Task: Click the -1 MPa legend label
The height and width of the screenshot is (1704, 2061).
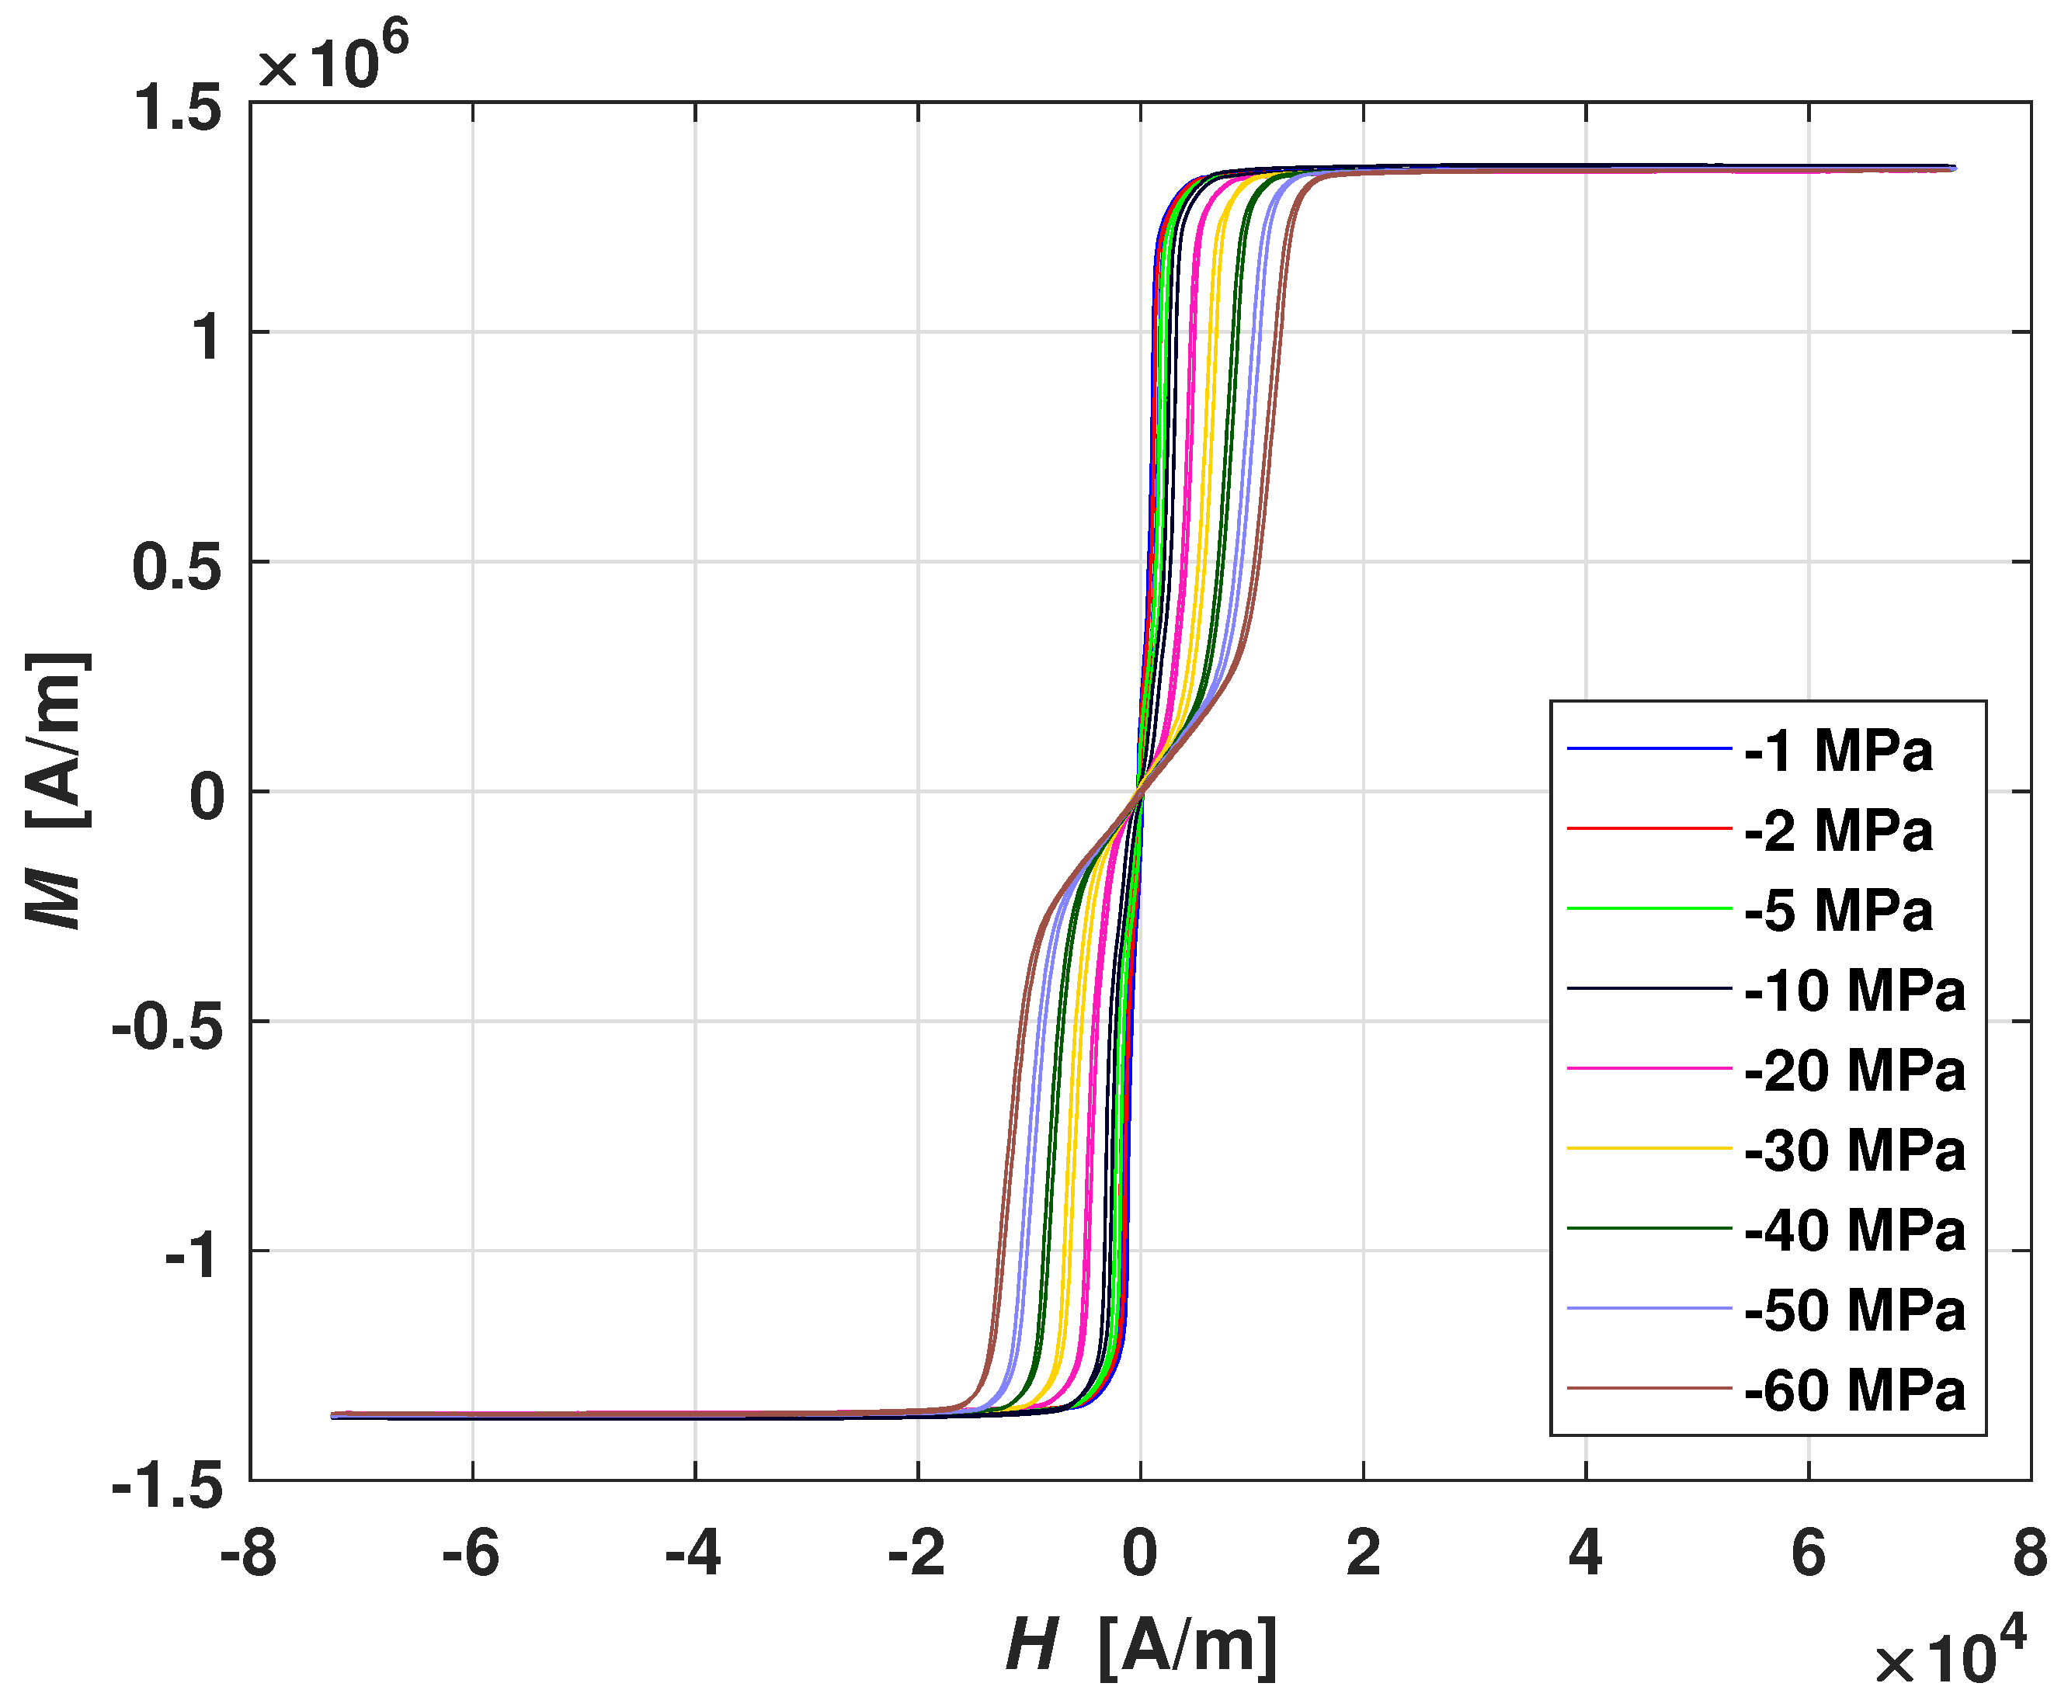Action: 1838,752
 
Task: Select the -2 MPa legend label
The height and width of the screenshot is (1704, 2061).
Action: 1838,832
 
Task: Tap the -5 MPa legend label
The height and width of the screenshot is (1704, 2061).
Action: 1838,911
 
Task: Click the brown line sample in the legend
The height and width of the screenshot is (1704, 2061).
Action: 1649,1388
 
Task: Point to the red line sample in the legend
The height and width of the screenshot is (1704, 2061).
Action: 1649,829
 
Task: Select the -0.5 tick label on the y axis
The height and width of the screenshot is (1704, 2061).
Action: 167,1028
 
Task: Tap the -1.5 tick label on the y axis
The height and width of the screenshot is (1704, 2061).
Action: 167,1488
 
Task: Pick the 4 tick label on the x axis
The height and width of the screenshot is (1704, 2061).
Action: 1586,1554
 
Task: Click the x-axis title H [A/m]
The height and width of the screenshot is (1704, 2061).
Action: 1142,1645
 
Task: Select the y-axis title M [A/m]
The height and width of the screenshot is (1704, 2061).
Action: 57,790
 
